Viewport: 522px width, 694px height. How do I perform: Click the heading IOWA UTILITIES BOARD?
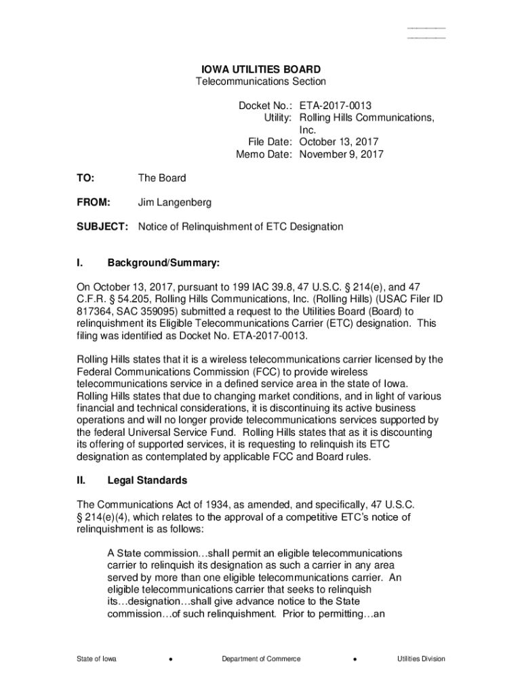click(x=261, y=69)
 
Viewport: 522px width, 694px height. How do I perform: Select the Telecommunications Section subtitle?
click(x=261, y=81)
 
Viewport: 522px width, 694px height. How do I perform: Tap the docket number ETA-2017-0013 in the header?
click(x=336, y=106)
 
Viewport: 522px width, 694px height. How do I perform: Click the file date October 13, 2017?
click(x=339, y=142)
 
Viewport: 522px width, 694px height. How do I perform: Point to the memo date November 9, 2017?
click(x=342, y=154)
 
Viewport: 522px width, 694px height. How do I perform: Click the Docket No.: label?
click(x=265, y=106)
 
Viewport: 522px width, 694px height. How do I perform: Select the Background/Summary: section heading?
click(x=163, y=262)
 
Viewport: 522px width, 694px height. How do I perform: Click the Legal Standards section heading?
click(x=147, y=481)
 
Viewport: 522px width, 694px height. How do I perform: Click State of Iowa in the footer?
click(x=96, y=659)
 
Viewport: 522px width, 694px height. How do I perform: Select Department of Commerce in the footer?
click(x=261, y=659)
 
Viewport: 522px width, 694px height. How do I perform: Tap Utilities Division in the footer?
click(x=422, y=659)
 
